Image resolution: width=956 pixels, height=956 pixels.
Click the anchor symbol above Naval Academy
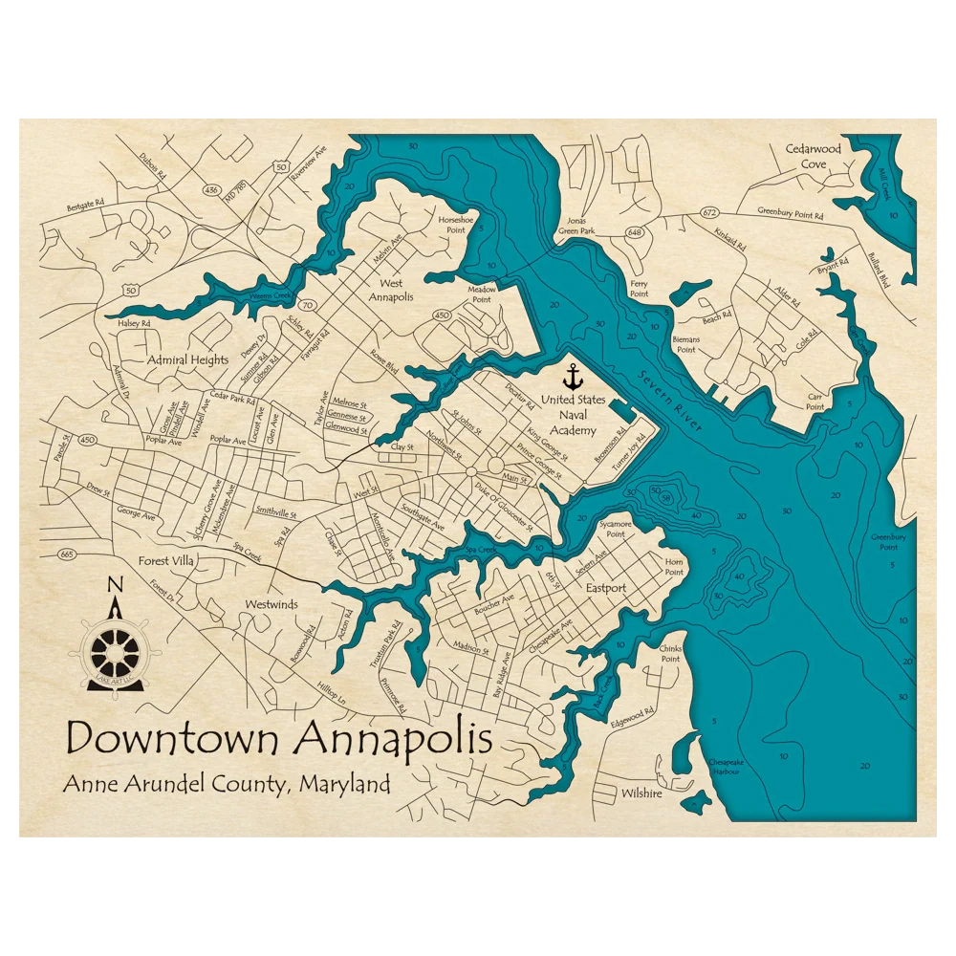pos(574,376)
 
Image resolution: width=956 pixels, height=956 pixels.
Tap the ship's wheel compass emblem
pos(115,650)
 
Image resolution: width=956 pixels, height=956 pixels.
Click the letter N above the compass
pos(115,586)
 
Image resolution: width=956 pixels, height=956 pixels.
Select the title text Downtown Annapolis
pos(279,738)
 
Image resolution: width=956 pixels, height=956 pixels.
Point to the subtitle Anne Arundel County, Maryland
pos(227,785)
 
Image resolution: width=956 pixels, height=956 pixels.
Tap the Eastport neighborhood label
pos(606,588)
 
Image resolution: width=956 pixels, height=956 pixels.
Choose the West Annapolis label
pos(391,290)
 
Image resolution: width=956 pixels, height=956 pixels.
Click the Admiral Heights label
pos(188,359)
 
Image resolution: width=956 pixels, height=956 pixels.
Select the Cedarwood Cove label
pos(813,156)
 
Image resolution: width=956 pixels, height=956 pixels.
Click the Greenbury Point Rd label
pos(790,213)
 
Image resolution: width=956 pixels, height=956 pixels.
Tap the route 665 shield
pos(66,554)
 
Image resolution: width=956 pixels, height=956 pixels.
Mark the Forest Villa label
pos(166,560)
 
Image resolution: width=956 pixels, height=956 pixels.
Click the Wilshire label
pos(641,793)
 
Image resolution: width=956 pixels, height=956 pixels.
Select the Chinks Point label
pos(670,653)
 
